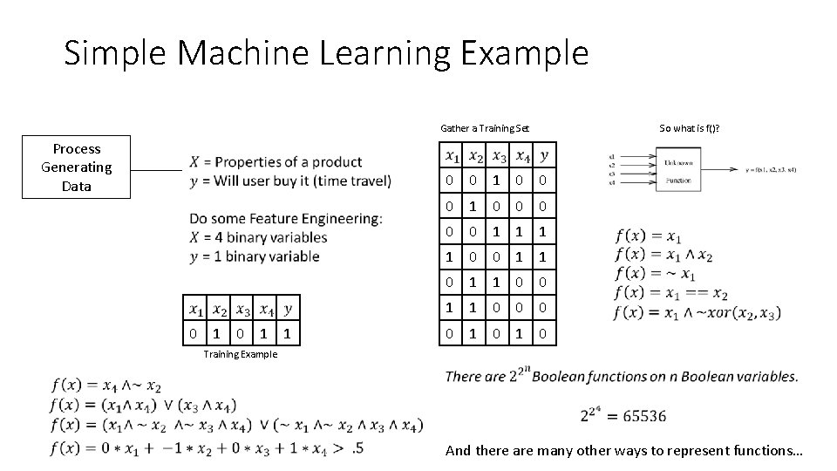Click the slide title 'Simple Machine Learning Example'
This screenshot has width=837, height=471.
click(326, 54)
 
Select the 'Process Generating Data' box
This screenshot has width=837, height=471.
click(77, 167)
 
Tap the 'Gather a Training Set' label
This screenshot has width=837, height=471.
click(484, 129)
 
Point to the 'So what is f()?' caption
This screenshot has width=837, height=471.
click(695, 129)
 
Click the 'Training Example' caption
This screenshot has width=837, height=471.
click(240, 354)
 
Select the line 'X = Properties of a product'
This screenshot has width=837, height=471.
click(276, 161)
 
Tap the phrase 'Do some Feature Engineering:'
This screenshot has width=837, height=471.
click(285, 218)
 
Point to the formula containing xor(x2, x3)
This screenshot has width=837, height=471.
click(697, 312)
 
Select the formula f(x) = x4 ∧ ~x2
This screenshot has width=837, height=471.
click(105, 385)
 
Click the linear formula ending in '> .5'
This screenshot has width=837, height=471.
click(208, 448)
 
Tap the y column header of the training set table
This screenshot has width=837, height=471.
click(543, 156)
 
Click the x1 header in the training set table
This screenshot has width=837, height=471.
click(452, 156)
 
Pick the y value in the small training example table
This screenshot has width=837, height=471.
click(288, 334)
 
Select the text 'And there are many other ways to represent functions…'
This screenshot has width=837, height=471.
click(624, 450)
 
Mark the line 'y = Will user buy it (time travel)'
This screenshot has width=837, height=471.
click(290, 181)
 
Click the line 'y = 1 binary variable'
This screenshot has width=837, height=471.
click(254, 256)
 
